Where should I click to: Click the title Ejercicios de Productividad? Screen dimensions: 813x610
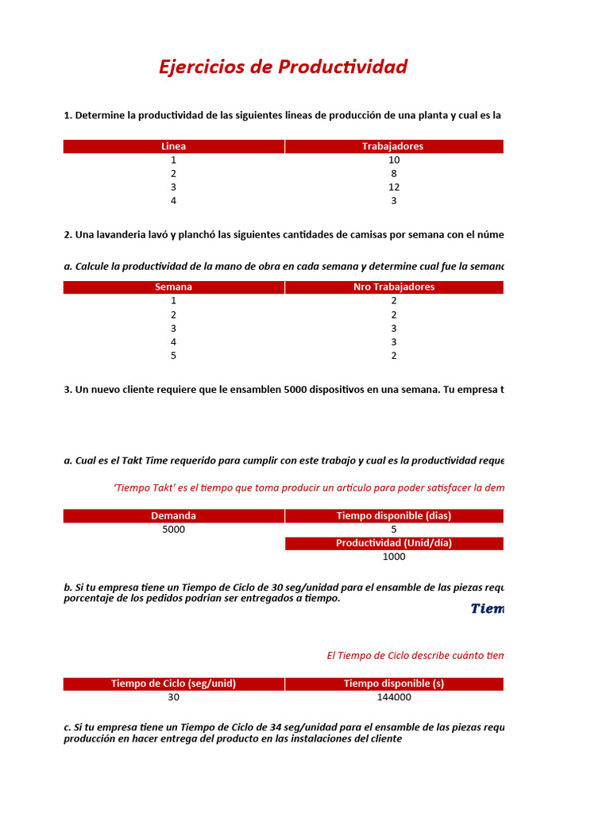coord(283,67)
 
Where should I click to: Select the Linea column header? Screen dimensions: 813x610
coord(173,146)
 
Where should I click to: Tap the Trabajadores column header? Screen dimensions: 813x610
coord(393,146)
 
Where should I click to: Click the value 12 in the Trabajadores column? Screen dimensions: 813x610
coord(394,187)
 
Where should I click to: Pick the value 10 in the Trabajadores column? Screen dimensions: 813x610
coord(394,160)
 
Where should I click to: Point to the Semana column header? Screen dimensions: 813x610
coord(173,287)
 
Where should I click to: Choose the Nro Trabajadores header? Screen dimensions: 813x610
coord(393,287)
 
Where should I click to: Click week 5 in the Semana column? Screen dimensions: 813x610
coord(173,356)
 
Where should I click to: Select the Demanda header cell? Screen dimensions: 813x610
coord(173,515)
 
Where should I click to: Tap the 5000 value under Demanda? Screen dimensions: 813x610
coord(173,530)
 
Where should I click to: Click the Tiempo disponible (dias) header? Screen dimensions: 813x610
coord(393,515)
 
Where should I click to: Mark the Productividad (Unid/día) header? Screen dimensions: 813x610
coord(393,543)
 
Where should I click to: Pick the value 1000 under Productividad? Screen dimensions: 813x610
coord(394,557)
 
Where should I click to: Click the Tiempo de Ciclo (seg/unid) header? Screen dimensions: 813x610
coord(173,684)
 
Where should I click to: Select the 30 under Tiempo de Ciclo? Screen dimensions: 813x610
coord(173,698)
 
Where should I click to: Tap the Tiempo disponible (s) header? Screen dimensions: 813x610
coord(393,684)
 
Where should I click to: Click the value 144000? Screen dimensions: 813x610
coord(394,698)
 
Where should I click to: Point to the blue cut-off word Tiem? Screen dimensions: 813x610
coord(487,609)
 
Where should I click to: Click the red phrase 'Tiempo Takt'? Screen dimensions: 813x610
coord(145,487)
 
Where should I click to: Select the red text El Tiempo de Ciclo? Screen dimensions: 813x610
coord(373,655)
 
